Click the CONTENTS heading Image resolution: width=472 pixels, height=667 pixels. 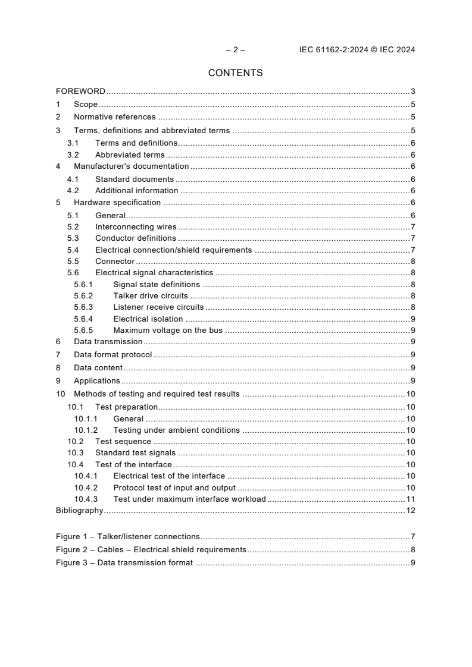click(235, 73)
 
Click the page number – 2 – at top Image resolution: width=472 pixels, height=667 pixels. click(235, 50)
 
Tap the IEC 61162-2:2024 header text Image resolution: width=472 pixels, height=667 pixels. click(357, 50)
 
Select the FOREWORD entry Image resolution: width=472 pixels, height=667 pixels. click(80, 92)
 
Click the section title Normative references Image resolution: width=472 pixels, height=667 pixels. click(114, 117)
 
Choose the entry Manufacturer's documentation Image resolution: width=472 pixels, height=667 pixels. click(131, 166)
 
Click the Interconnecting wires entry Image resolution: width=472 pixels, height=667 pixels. click(136, 227)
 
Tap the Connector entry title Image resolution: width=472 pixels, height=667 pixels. click(115, 262)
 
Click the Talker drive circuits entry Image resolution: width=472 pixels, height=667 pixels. click(150, 296)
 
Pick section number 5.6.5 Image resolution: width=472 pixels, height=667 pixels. click(83, 331)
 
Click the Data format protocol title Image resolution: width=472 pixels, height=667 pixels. click(112, 355)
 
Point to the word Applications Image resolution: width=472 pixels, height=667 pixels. click(96, 381)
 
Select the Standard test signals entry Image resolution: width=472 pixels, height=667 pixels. click(135, 453)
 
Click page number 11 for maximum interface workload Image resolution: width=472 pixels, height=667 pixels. click(410, 499)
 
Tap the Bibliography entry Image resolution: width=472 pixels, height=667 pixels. click(79, 511)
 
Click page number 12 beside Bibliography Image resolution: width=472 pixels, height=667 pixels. click(410, 511)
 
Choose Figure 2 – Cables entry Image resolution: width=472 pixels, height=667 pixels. click(151, 550)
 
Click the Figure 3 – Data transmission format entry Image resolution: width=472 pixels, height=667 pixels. click(124, 563)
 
